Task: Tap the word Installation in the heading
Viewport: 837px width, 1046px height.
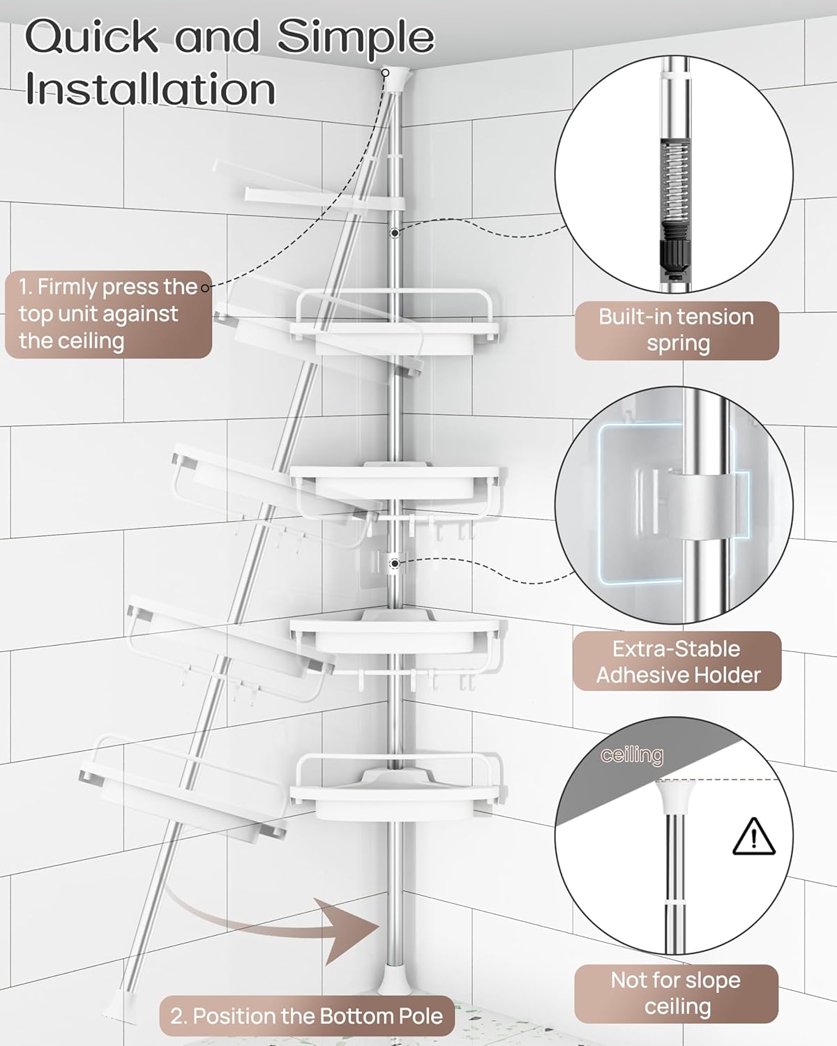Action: point(150,89)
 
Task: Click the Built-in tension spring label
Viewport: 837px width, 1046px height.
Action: point(677,331)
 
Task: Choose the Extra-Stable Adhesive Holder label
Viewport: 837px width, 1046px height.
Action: point(677,662)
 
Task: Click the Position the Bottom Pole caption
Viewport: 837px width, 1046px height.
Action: point(307,1016)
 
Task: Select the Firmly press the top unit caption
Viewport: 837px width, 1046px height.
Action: point(108,314)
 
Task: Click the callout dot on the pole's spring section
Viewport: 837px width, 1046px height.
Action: point(395,234)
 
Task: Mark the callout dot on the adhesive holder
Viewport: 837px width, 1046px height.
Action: point(395,564)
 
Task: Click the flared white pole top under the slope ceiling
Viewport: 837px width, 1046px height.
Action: point(674,797)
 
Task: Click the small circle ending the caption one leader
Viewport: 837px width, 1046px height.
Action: point(205,288)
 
